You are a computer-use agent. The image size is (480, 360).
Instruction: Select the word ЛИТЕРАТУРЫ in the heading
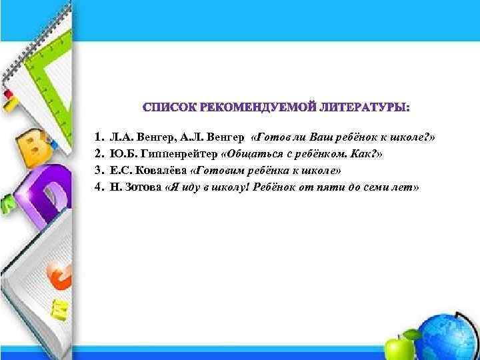(362, 108)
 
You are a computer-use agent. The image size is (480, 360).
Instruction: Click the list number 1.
(97, 137)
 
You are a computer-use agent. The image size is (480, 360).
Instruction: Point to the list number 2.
(97, 154)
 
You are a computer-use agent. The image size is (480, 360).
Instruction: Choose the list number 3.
(97, 171)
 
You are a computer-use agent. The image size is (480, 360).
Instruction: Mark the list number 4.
(97, 187)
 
